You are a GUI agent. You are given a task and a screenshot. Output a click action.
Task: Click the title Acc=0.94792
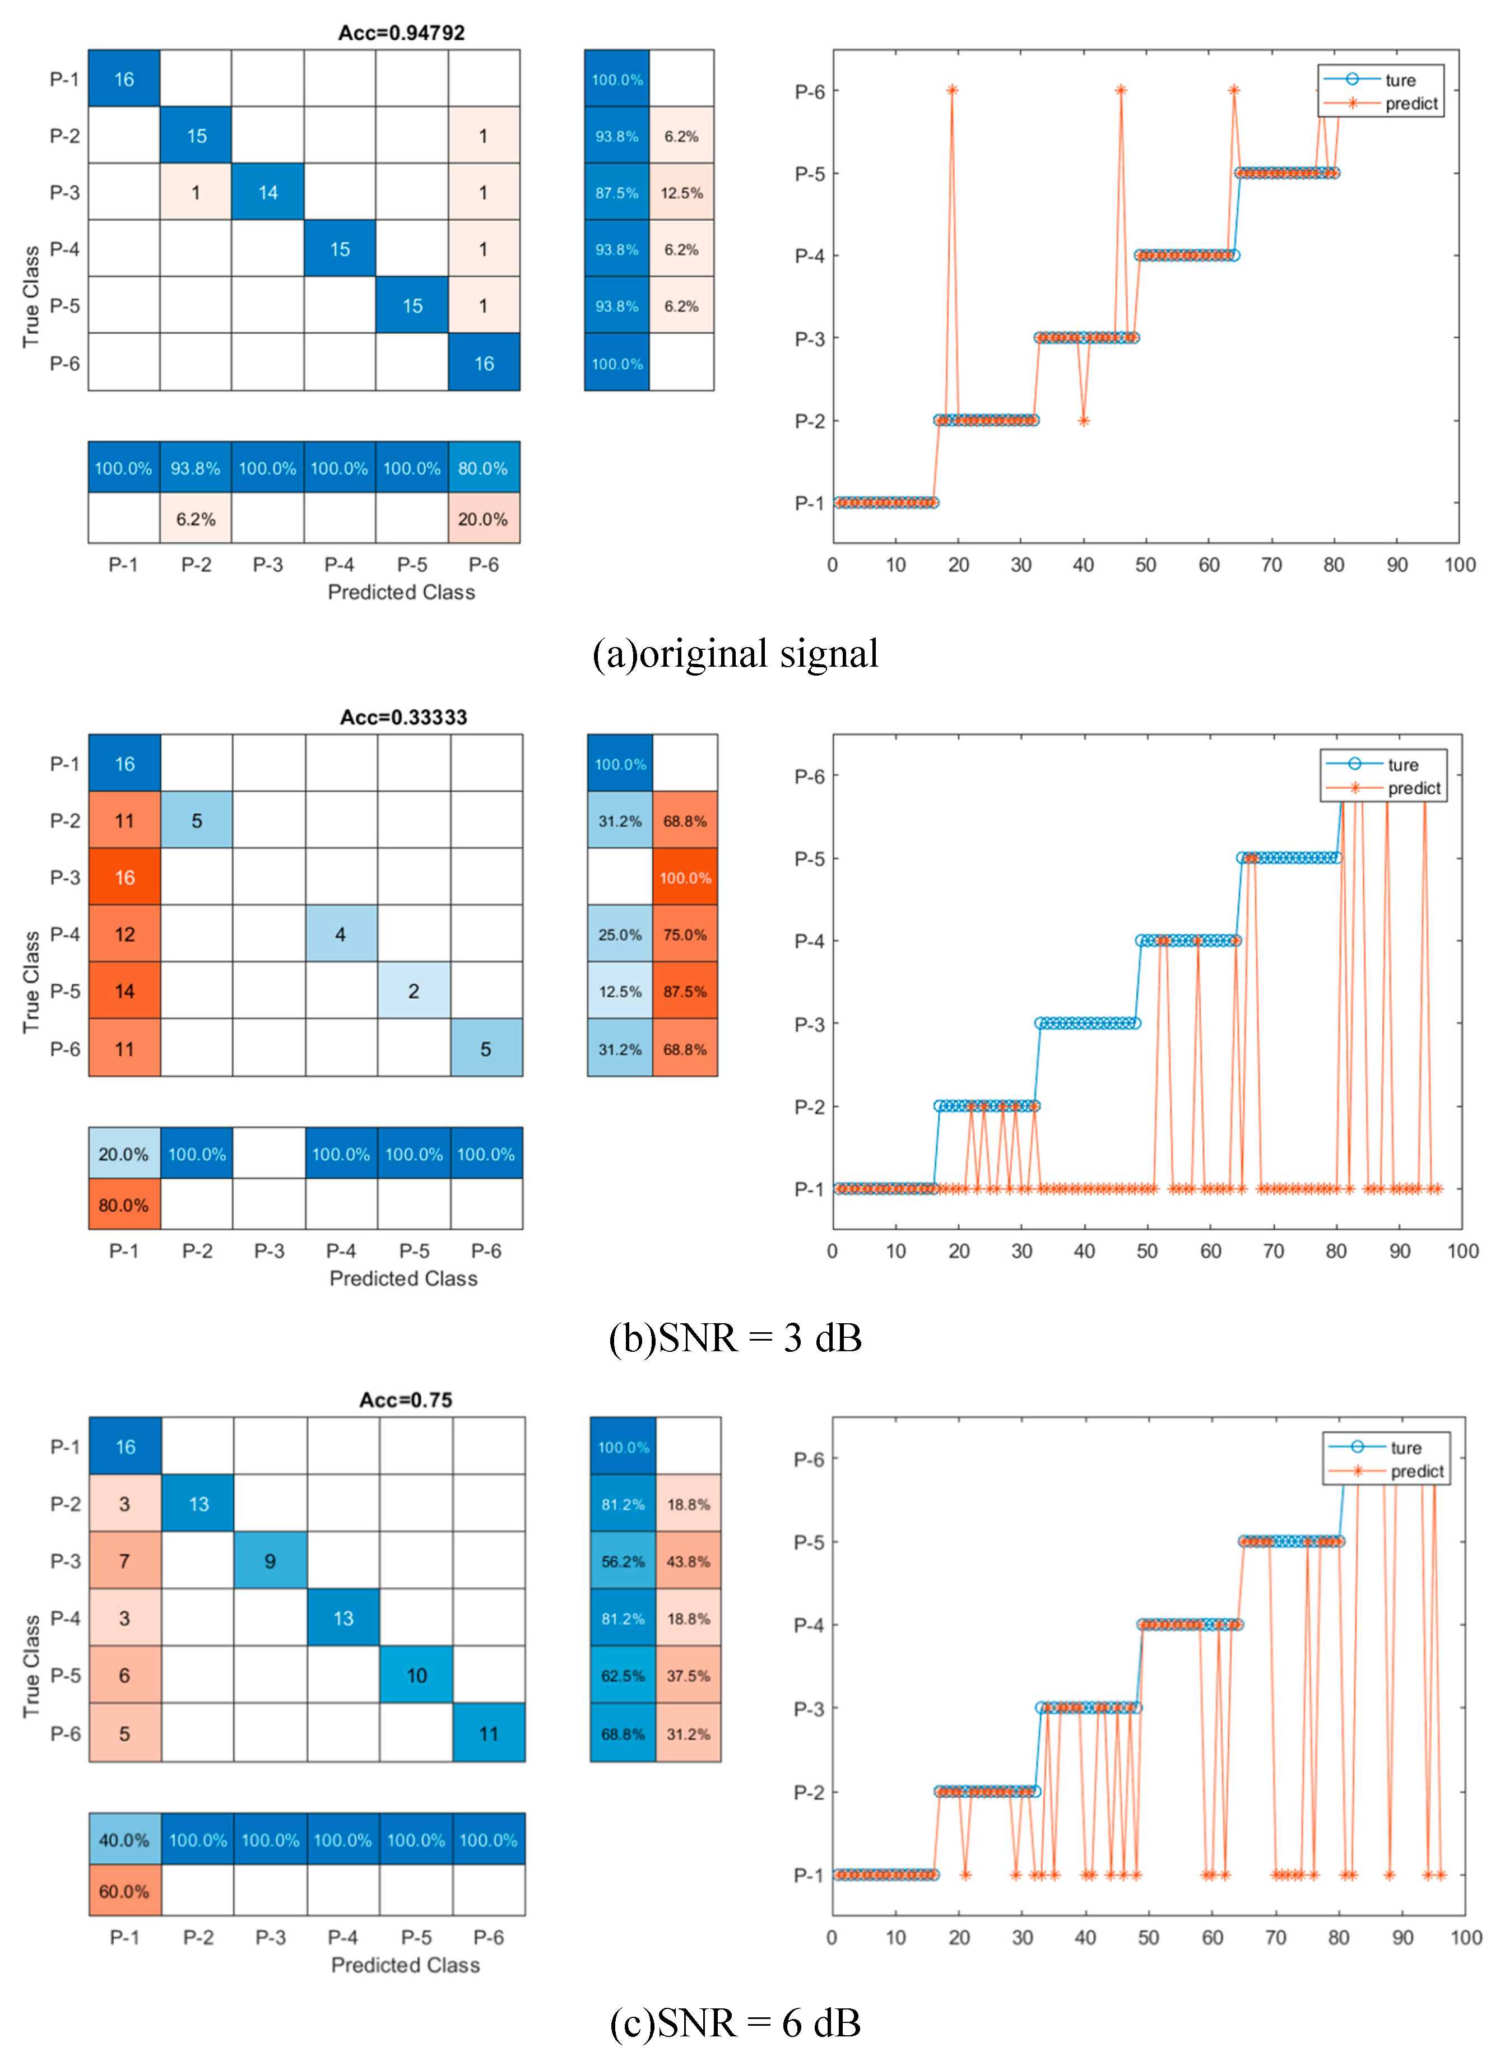click(x=401, y=32)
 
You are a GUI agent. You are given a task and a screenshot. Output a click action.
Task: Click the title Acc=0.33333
click(x=403, y=717)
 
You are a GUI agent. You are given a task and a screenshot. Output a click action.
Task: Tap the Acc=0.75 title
click(x=406, y=1400)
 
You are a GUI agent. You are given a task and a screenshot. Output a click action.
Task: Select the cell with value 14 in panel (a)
click(x=268, y=193)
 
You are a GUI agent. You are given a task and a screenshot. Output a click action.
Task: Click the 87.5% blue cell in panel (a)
click(x=616, y=193)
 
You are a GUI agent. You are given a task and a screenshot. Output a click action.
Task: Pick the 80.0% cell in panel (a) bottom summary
click(x=483, y=468)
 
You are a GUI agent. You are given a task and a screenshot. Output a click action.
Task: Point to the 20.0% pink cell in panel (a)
click(x=483, y=519)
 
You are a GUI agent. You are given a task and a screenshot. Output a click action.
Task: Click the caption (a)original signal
click(x=736, y=654)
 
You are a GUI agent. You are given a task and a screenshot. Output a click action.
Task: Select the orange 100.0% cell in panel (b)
click(x=685, y=878)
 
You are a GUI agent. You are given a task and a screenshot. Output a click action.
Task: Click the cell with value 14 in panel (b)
click(x=124, y=991)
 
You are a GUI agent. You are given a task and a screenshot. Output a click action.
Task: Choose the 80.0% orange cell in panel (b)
click(x=124, y=1206)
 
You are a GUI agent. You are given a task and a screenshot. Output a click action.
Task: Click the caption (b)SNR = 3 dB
click(x=736, y=1338)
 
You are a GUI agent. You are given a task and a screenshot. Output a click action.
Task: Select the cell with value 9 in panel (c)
click(x=270, y=1561)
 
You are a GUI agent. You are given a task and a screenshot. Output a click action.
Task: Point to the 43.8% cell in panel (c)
click(x=688, y=1561)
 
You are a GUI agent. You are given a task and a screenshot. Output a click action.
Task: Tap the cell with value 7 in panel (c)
click(x=124, y=1561)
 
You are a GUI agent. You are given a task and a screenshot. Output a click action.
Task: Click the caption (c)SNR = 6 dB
click(x=736, y=2022)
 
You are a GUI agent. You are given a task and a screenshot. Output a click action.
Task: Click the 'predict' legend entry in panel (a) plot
click(x=1411, y=104)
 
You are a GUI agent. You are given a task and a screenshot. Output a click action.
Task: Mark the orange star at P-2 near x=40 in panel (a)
click(x=1083, y=420)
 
